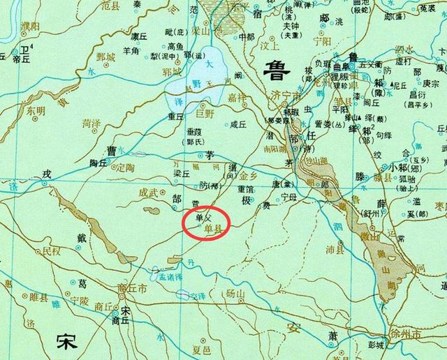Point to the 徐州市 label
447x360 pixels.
tap(409, 336)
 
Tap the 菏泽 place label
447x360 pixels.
tap(91, 123)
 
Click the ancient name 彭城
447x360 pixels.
tap(376, 345)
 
